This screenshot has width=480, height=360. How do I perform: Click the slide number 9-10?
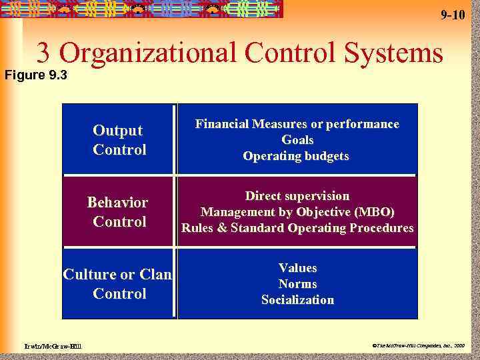click(x=453, y=15)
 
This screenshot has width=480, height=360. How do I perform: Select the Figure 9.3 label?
click(x=34, y=75)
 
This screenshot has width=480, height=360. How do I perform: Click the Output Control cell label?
click(x=119, y=140)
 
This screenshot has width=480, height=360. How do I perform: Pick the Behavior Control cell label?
click(x=119, y=211)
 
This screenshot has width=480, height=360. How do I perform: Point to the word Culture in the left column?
click(x=89, y=275)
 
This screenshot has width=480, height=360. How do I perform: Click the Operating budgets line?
click(x=296, y=156)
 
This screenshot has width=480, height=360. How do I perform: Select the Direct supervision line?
click(x=297, y=196)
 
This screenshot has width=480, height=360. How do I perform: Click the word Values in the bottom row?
click(x=297, y=268)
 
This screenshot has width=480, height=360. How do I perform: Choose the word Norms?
click(x=297, y=284)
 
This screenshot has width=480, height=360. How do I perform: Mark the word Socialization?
click(x=297, y=300)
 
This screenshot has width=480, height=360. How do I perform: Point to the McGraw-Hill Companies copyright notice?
click(x=419, y=346)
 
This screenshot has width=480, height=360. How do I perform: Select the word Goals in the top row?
click(x=297, y=140)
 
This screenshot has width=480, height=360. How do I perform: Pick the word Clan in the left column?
click(x=155, y=275)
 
